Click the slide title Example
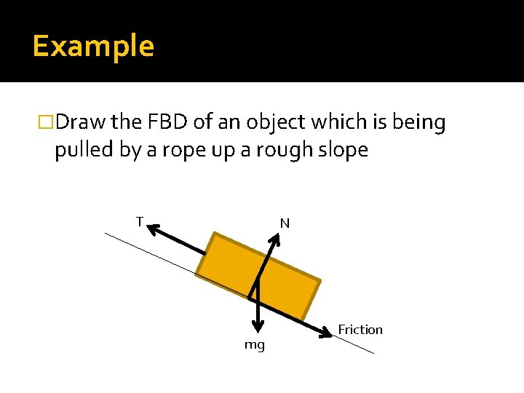[93, 47]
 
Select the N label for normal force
[285, 223]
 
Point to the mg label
[254, 344]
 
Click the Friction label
[360, 330]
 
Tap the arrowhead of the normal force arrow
[275, 238]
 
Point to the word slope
[344, 151]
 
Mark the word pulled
[79, 151]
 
